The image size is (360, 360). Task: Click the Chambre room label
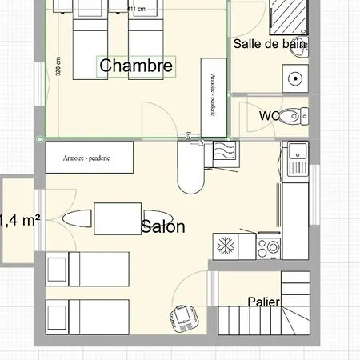pos(136,66)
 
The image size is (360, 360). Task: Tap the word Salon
pos(162,227)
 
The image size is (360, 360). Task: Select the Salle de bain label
pos(270,45)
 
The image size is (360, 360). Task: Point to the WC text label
pos(269,116)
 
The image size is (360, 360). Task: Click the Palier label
pos(263,302)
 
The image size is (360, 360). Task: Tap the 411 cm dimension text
pos(137,9)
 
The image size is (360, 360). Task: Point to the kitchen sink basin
pos(297,150)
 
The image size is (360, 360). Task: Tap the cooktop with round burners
pos(270,246)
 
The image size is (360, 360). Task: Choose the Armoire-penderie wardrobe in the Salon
pos(88,158)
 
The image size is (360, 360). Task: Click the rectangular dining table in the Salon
pos(118,217)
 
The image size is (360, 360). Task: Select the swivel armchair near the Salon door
pos(185,318)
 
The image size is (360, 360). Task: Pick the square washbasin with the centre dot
pos(294,79)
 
